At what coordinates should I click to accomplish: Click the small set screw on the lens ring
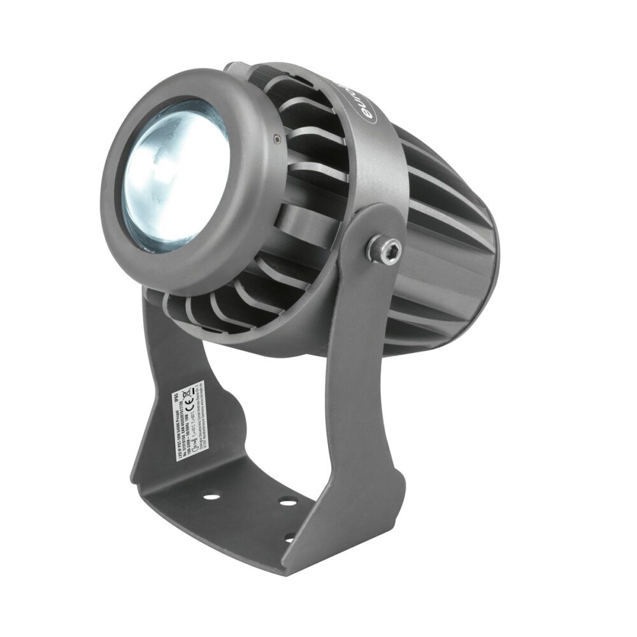tap(275, 136)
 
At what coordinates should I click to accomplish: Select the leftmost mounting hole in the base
tap(213, 496)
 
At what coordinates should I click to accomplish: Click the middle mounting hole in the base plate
tap(288, 502)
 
